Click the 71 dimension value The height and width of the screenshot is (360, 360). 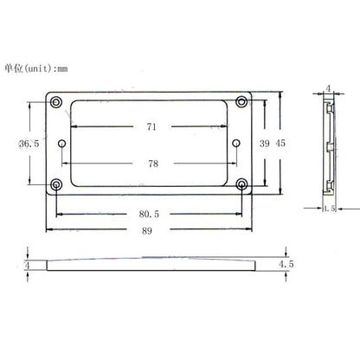click(151, 126)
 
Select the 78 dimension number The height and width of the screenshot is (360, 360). click(153, 164)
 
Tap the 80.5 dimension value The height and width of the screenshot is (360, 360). click(149, 214)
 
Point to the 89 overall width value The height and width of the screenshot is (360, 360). click(147, 231)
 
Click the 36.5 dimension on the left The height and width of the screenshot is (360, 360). click(29, 144)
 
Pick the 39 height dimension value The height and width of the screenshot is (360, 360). click(265, 144)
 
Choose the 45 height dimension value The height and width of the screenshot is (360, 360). click(280, 143)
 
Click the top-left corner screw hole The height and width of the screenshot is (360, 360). click(56, 102)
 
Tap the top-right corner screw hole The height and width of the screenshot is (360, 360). click(241, 101)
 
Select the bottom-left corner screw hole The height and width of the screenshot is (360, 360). click(56, 184)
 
